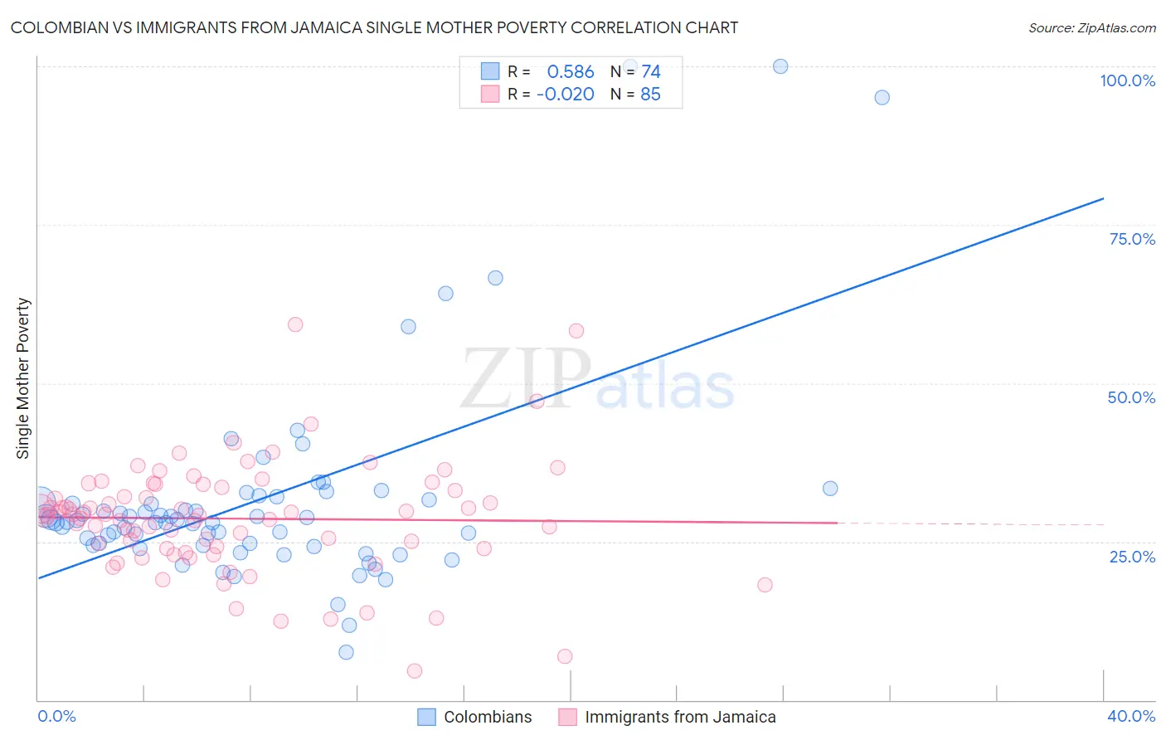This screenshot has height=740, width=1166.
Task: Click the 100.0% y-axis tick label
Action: tap(1127, 80)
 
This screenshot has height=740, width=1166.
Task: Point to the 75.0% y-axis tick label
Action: tap(1132, 239)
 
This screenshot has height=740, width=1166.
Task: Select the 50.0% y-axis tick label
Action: tap(1131, 397)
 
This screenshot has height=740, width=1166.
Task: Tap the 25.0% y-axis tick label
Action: tap(1132, 557)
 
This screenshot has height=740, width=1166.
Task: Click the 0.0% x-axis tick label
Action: tap(56, 716)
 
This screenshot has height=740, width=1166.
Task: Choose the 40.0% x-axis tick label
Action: tap(1131, 716)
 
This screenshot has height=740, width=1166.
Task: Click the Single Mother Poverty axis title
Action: tap(22, 378)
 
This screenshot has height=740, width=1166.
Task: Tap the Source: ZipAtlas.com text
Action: tap(1091, 28)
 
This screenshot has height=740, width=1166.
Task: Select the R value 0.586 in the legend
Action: tap(571, 72)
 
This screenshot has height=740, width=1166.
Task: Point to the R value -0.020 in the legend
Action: tap(566, 95)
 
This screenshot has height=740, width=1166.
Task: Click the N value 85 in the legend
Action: tap(650, 95)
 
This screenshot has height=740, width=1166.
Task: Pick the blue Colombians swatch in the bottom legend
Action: tap(426, 717)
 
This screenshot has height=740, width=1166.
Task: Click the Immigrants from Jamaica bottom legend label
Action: tap(680, 717)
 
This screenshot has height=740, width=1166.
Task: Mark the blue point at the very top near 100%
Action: tap(780, 66)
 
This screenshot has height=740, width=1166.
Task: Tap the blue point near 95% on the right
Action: tap(882, 98)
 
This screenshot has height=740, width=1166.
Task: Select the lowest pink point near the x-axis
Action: tap(415, 671)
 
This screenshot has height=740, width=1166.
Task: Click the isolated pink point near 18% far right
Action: tap(765, 585)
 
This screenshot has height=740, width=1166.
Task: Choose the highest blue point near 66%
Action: tap(495, 278)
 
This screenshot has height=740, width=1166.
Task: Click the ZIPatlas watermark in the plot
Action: tap(597, 380)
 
